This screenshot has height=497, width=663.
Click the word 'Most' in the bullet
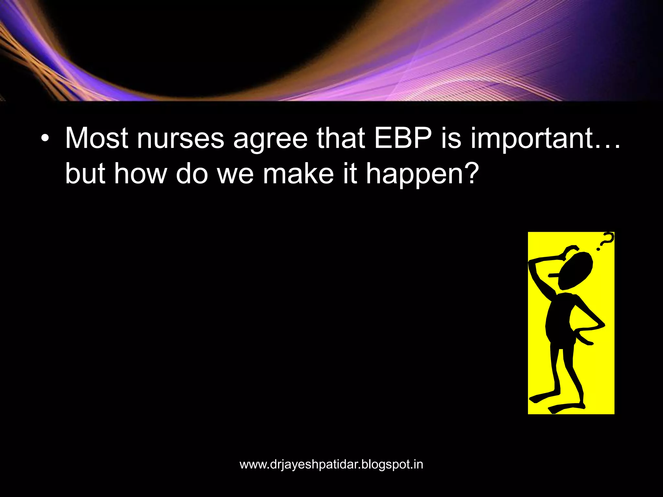[96, 138]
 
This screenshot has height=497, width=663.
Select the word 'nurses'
[180, 138]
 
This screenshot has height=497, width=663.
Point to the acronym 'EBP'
[403, 138]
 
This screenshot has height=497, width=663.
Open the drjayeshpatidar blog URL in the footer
[331, 465]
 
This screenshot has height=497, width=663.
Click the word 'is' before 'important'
[451, 138]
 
